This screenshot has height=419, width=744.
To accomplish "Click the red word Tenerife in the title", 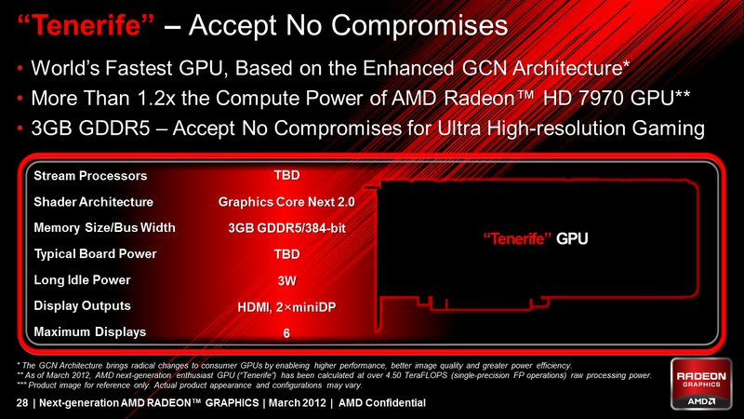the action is coord(86,25).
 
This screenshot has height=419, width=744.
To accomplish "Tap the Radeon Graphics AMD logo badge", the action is coord(701,384).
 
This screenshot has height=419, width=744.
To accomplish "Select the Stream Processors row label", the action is coord(90,176).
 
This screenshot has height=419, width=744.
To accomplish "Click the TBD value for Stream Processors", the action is coord(286,175).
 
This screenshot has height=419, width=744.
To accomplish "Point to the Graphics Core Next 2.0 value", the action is coord(286,202).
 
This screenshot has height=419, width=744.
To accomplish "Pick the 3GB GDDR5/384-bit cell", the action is coord(286,228).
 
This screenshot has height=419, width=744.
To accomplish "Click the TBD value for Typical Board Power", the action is coord(286,254).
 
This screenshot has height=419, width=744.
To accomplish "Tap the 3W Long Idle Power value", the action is coord(286,280).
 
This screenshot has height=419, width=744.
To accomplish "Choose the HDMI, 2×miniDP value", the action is coord(286,307).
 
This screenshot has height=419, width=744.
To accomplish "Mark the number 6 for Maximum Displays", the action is coord(286,333).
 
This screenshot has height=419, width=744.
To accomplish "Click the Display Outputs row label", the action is coord(82,305).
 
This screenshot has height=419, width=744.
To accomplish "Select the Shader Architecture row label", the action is coord(94,202).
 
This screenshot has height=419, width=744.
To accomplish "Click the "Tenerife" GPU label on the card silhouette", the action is coord(536,238).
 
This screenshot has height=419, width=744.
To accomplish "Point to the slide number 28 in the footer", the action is coord(22,403).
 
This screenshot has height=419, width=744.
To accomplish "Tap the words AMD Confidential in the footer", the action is coord(382,403).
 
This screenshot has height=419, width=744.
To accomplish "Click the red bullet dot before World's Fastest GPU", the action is coord(20,69).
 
